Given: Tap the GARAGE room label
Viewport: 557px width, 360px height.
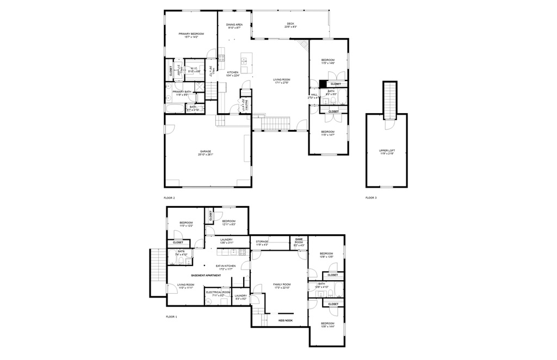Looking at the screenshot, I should pos(205,152).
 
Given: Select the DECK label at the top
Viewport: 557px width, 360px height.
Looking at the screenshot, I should pos(290,23).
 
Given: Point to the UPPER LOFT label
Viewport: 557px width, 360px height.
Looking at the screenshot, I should pos(386,151).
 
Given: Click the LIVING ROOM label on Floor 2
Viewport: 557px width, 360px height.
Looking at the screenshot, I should pos(281,80).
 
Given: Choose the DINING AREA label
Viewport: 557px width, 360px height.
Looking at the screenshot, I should pos(234,24).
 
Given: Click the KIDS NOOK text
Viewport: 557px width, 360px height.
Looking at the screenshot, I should pos(286,321).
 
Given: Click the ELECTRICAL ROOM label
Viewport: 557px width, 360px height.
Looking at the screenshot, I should pos(217,293).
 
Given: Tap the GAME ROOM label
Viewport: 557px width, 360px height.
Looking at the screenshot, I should pos(299,240).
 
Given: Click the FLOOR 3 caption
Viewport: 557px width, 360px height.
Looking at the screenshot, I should pos(371,198).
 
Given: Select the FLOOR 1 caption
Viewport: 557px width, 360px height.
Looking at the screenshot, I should pos(171,316).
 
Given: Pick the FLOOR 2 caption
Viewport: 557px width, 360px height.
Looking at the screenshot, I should pos(169,198).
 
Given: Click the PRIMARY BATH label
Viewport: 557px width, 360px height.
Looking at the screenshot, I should pos(182,92).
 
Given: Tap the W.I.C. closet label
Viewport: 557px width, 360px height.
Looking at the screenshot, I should pos(194,69).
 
